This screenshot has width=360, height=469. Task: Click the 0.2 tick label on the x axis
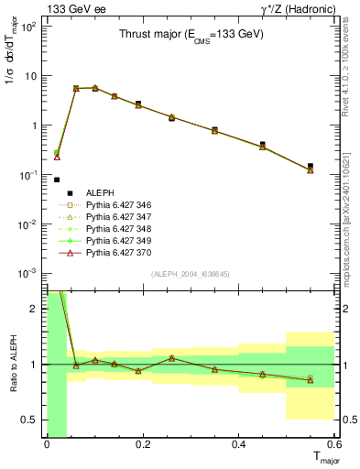(142, 446)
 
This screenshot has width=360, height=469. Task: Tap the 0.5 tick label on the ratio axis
(32, 420)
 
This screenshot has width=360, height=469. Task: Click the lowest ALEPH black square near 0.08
(57, 180)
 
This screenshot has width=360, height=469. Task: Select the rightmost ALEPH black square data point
(311, 166)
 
